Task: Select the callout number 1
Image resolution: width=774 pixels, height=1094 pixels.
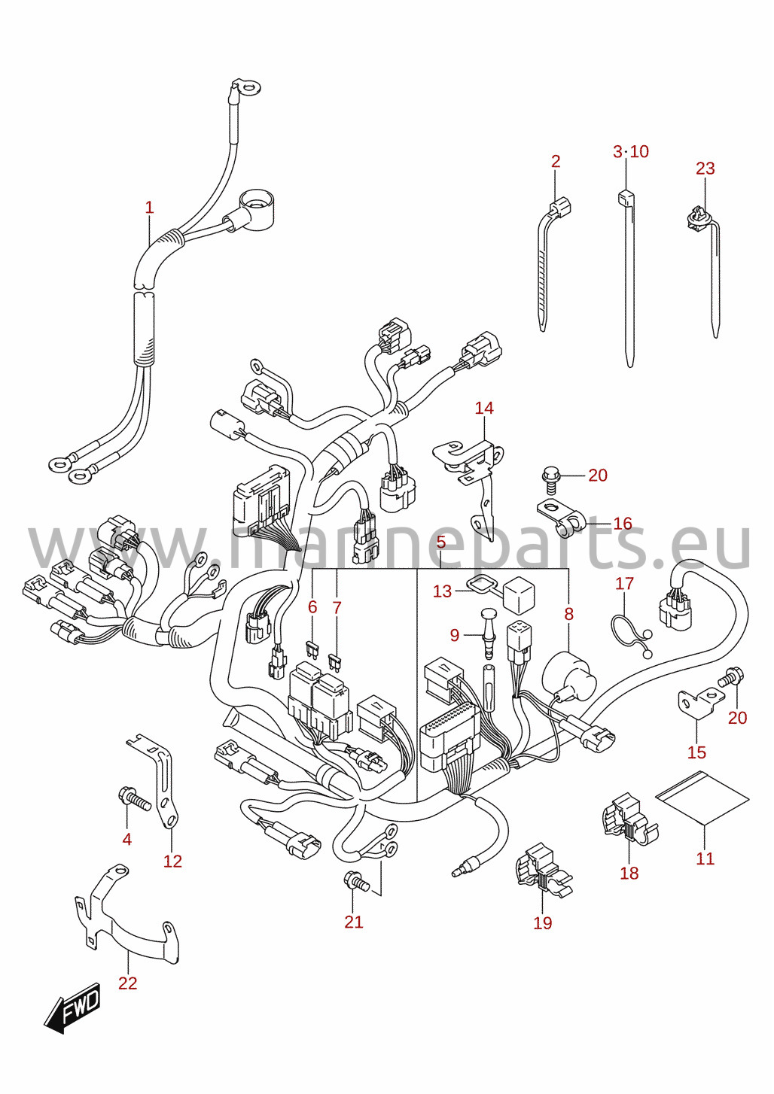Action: [149, 208]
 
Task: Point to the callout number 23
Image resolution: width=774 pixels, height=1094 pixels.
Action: [705, 169]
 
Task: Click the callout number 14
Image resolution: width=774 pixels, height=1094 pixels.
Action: [483, 408]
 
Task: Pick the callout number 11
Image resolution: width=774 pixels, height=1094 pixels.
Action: [705, 858]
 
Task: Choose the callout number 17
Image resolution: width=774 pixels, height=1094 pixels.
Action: [624, 583]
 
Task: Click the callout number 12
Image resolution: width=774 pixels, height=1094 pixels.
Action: [172, 861]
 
